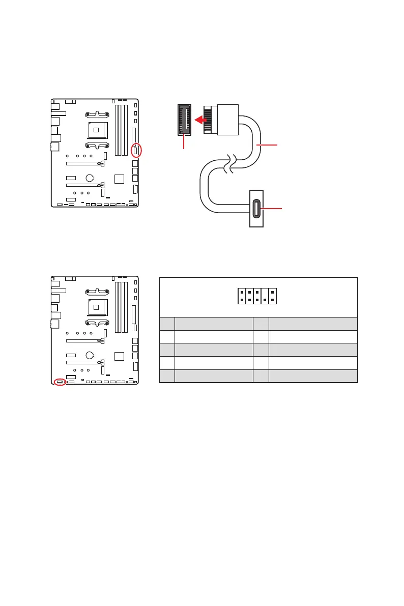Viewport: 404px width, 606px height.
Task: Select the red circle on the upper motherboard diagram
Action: (136, 150)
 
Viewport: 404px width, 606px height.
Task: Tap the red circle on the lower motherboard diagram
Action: (60, 381)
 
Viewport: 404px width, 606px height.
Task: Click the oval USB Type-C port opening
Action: (256, 209)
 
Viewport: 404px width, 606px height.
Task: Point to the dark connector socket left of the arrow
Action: (184, 120)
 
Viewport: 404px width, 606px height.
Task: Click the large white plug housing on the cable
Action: (227, 120)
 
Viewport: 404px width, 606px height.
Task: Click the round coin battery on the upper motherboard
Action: (90, 178)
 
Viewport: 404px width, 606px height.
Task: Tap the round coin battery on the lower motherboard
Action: (90, 356)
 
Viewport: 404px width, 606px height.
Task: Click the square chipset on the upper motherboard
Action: (119, 179)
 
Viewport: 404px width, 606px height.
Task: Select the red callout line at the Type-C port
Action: (272, 209)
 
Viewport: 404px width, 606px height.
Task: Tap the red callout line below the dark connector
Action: (184, 142)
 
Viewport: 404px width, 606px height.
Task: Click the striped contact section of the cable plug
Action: (208, 120)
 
